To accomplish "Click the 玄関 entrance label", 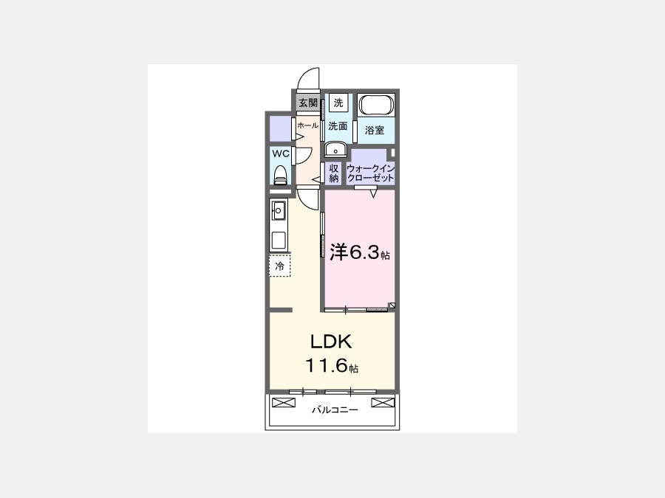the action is coord(308,103).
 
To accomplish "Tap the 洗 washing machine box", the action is coord(338,103).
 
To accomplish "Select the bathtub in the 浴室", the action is coord(376,105).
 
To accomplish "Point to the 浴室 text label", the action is coord(375,130).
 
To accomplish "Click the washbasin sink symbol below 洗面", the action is coord(336,150).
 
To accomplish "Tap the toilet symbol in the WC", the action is coord(280,175).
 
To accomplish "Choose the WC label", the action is coord(281,153).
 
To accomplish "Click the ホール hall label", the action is coord(307,125).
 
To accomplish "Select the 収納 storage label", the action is coord(334,173).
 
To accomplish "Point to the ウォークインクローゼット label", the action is coord(371,173).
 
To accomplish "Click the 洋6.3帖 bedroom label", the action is coord(360,252).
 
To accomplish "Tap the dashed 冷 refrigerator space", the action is coord(280,266).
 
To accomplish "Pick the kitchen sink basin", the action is coord(279,210).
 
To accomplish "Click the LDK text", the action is coord(331,342).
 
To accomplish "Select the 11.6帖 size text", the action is coord(332,365).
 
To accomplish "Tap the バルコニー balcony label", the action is coord(335,410).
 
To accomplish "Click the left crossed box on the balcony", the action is coord(284,402).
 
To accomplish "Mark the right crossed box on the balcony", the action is coord(383,402).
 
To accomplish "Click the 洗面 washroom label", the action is coord(338,125).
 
